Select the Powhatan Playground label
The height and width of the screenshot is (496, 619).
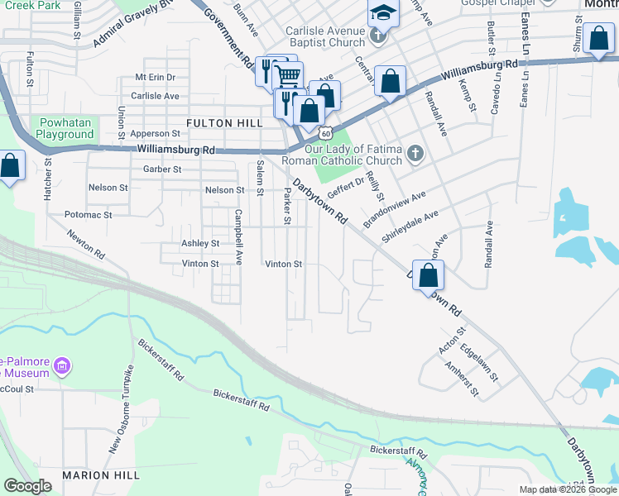coord(65,128)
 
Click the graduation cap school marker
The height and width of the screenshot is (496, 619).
coord(383,12)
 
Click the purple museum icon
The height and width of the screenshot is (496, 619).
coord(60,365)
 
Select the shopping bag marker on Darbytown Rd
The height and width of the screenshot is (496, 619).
coord(428,276)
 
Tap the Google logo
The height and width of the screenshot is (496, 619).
coord(27,486)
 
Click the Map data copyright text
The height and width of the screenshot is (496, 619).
coord(569,489)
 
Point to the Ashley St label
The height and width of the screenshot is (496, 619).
coord(200,244)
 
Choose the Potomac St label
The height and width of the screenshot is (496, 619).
coord(88,214)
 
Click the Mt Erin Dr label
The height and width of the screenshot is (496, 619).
coord(155,77)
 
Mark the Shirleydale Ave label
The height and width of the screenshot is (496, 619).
coord(410,227)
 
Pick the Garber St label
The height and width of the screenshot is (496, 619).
coord(162,169)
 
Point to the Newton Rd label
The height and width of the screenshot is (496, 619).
coord(87,242)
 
